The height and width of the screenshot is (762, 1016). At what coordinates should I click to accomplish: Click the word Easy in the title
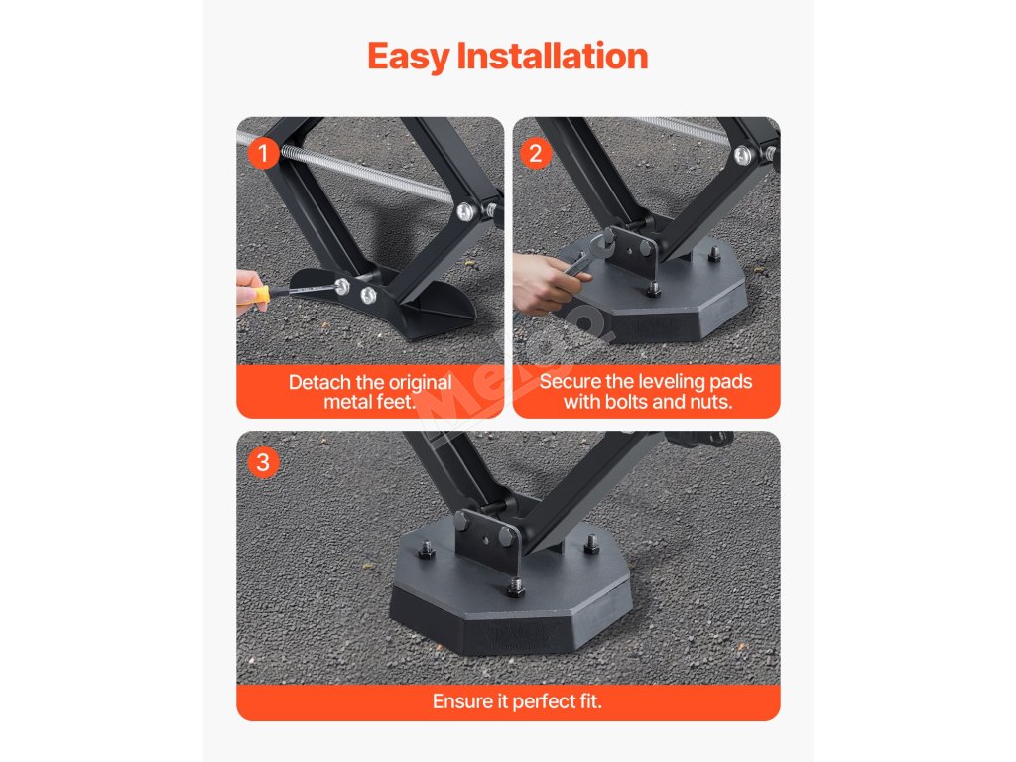pyautogui.click(x=408, y=57)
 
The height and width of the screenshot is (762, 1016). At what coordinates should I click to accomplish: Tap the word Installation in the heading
pyautogui.click(x=553, y=56)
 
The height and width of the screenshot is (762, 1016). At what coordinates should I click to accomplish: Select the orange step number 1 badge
pyautogui.click(x=263, y=154)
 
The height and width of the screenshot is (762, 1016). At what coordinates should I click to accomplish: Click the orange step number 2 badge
pyautogui.click(x=535, y=154)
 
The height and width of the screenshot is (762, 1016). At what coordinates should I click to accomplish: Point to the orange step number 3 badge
pyautogui.click(x=263, y=462)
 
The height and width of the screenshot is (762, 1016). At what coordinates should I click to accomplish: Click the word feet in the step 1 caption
pyautogui.click(x=396, y=402)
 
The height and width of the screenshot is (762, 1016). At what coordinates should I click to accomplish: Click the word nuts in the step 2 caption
pyautogui.click(x=711, y=402)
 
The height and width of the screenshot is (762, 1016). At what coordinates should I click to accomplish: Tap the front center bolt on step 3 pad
pyautogui.click(x=515, y=589)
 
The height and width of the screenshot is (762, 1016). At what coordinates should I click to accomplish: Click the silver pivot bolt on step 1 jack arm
pyautogui.click(x=465, y=211)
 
